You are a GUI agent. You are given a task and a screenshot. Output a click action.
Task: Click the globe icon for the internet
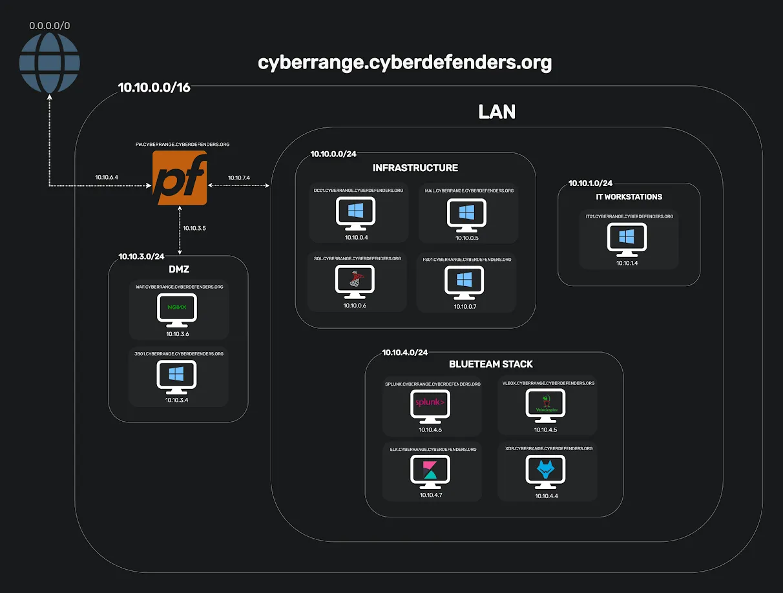[x=49, y=63]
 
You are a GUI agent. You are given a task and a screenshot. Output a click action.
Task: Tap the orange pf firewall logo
[x=180, y=178]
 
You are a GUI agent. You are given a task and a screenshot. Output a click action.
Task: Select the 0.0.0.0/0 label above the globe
[x=49, y=26]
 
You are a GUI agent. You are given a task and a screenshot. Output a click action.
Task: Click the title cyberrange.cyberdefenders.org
[x=404, y=63]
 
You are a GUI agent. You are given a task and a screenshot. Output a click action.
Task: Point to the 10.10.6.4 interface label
[x=107, y=177]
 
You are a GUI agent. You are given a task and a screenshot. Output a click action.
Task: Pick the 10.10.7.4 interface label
[x=239, y=177]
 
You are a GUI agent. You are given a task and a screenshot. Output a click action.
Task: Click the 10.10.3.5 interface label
[x=194, y=228]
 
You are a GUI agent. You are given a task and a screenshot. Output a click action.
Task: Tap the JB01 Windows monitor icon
[x=176, y=377]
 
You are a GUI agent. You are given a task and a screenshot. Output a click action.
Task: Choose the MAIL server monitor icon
[x=466, y=214]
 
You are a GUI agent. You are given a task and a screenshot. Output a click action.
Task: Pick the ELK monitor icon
[x=430, y=472]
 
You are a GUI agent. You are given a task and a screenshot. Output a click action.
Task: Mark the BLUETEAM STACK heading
[x=491, y=364]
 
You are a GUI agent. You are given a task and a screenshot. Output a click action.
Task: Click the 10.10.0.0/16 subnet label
[x=154, y=88]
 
